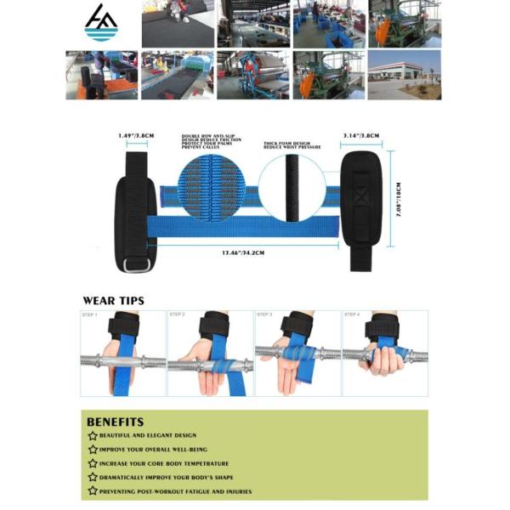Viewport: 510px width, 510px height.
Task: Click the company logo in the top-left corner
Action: [101, 23]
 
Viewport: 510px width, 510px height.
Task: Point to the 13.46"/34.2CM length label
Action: [245, 252]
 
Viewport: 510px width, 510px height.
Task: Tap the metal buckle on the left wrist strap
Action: [133, 265]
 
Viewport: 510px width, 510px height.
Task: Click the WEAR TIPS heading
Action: [113, 300]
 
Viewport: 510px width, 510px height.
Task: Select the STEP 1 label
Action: [90, 315]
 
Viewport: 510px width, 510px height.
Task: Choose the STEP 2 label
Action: [177, 315]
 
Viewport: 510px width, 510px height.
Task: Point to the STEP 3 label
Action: [264, 315]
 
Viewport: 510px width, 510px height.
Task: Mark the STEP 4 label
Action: [352, 315]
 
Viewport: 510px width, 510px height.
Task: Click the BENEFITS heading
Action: [115, 422]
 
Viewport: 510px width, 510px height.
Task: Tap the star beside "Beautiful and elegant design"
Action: [93, 436]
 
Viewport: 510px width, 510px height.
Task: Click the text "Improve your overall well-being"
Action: [153, 450]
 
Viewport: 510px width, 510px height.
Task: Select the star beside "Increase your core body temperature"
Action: [93, 463]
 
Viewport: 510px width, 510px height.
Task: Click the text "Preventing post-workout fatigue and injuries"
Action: [175, 491]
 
